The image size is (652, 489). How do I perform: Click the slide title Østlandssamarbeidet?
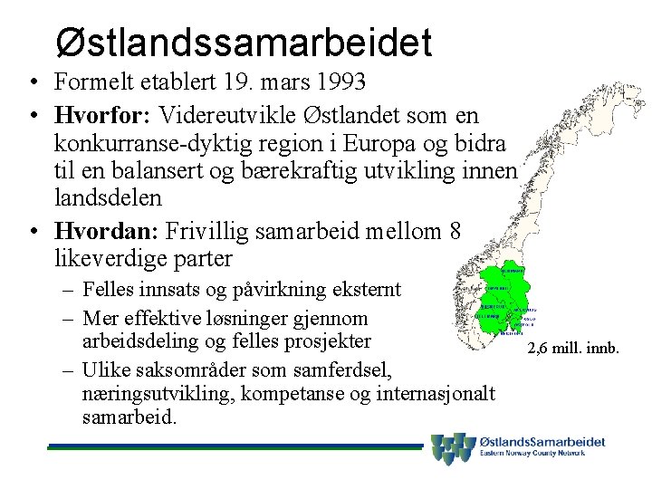coord(243,41)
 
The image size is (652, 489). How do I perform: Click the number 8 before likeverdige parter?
coord(455,232)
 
